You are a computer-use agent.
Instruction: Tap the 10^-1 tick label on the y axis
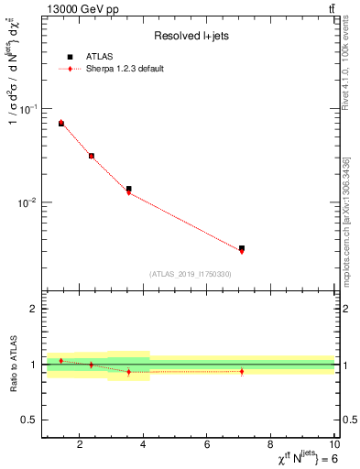[x=27, y=108]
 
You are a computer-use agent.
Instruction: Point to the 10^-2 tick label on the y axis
[x=27, y=202]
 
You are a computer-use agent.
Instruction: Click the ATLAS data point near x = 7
[x=242, y=248]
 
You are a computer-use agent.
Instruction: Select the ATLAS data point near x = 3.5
[x=129, y=189]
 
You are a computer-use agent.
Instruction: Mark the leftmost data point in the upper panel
[x=61, y=123]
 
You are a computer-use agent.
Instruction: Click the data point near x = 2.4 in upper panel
[x=92, y=156]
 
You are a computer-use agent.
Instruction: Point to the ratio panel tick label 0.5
[x=31, y=420]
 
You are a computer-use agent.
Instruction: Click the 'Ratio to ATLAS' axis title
[x=13, y=365]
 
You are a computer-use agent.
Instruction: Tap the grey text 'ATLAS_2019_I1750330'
[x=190, y=274]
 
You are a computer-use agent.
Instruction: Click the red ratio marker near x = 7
[x=242, y=371]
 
